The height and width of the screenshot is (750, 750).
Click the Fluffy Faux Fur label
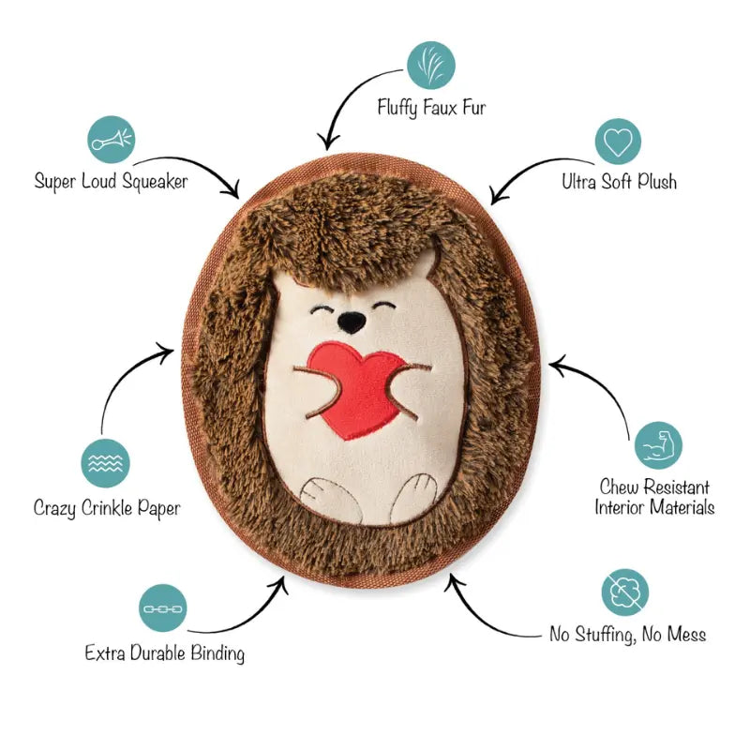[431, 108]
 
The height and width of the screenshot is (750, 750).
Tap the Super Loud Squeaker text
[111, 181]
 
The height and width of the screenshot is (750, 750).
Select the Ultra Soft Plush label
[619, 181]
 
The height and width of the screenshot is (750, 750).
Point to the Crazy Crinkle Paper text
[107, 508]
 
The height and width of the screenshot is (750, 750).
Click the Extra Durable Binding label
[164, 652]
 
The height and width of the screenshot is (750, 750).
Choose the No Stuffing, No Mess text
[627, 635]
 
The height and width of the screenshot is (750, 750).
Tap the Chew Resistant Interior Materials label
[654, 498]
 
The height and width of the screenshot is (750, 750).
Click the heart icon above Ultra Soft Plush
[618, 142]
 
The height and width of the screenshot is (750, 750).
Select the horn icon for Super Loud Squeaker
[112, 140]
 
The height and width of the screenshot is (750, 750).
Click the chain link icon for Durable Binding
[163, 608]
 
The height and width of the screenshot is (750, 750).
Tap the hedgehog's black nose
[352, 323]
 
